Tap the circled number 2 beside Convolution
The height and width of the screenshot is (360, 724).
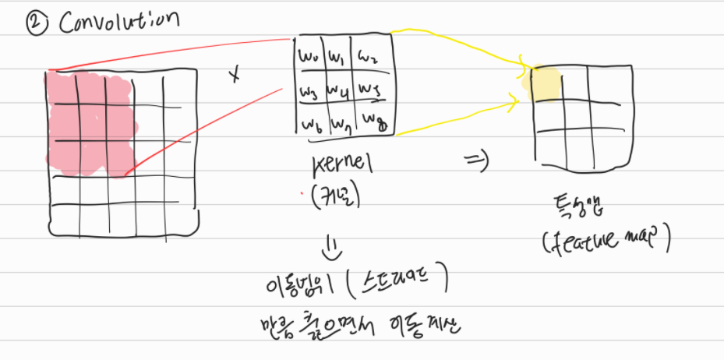tap(35, 23)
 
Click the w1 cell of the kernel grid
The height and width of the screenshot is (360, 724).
tap(337, 57)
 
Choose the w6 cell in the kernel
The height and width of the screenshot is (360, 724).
tap(312, 122)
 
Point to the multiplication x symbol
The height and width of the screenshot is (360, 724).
tap(233, 75)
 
